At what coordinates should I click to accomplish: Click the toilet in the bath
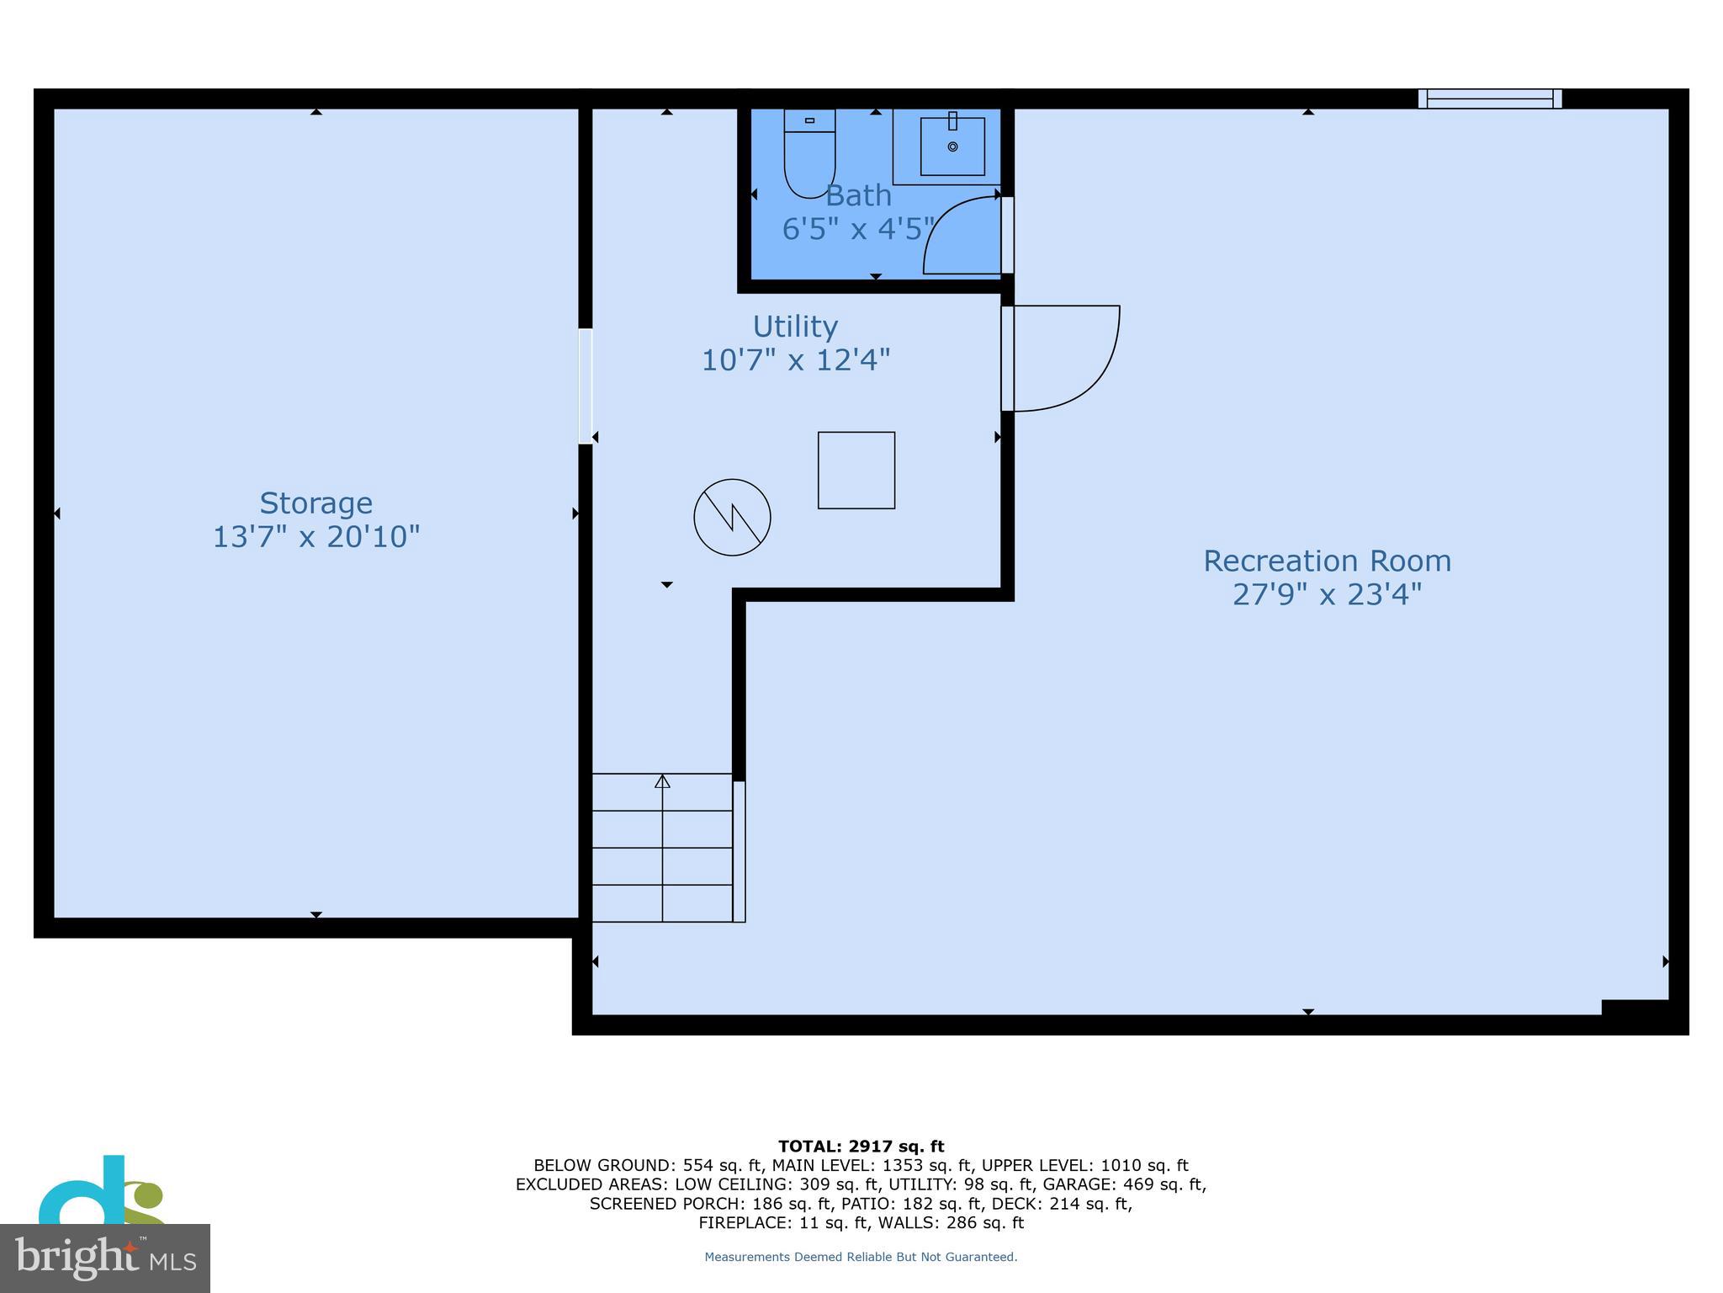click(x=809, y=156)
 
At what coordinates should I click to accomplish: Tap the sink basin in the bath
click(x=952, y=146)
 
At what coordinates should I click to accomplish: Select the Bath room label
click(x=858, y=195)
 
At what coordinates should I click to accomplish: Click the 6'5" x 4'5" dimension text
click(x=858, y=229)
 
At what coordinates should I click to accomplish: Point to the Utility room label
click(x=795, y=327)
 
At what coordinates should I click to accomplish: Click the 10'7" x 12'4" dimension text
click(x=795, y=360)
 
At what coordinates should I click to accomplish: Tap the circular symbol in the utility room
click(x=732, y=517)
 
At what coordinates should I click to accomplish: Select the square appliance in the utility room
click(x=856, y=470)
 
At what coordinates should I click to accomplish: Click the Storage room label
click(x=315, y=503)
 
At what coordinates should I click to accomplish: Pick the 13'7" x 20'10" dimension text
click(x=315, y=536)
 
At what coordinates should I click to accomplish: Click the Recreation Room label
click(x=1327, y=561)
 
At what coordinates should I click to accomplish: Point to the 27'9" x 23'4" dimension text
click(x=1327, y=595)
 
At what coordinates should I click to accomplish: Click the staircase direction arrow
click(x=662, y=782)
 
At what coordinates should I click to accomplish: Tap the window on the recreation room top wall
click(x=1489, y=99)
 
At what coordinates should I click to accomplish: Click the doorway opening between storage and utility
click(x=585, y=386)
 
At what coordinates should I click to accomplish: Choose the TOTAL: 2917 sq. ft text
click(x=861, y=1146)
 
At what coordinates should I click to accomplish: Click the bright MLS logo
click(x=104, y=1258)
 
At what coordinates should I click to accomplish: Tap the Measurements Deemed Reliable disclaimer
click(x=861, y=1257)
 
